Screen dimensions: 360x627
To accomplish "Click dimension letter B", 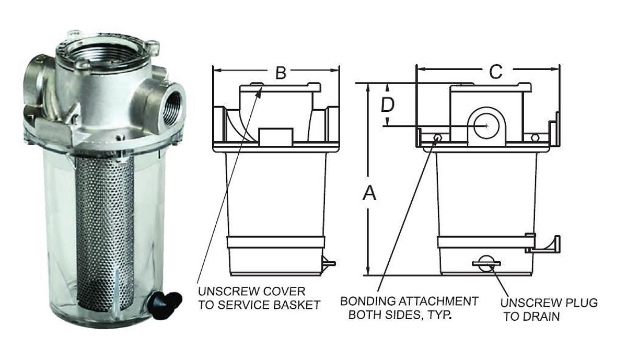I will (281, 73).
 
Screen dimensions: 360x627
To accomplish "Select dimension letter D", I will (387, 105).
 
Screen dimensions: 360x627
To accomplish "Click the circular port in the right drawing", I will (486, 125).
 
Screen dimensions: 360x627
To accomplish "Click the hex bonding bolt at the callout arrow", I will (437, 138).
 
